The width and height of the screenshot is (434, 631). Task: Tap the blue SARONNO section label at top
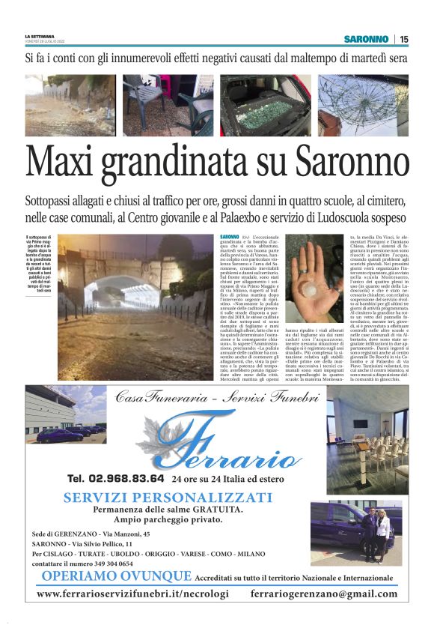367,39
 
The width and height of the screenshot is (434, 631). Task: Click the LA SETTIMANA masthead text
39,35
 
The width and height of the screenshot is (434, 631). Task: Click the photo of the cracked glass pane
363,105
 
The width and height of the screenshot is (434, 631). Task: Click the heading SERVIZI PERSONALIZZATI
167,498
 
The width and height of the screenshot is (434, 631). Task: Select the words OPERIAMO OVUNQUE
117,576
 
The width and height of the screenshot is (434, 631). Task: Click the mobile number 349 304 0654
109,563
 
